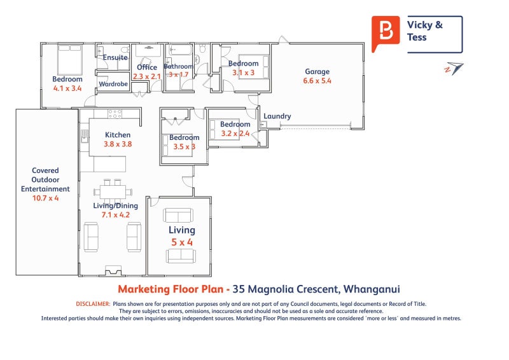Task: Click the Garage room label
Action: click(x=317, y=72)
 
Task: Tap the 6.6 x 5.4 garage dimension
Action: click(x=317, y=81)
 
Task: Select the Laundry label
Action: click(x=277, y=116)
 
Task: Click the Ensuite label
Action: click(x=115, y=57)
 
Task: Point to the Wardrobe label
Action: click(x=113, y=84)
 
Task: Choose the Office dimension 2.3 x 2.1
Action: click(x=147, y=76)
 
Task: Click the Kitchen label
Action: click(x=118, y=135)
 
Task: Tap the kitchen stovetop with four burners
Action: click(x=115, y=114)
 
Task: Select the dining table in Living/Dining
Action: click(x=113, y=192)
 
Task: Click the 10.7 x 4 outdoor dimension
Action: click(x=45, y=198)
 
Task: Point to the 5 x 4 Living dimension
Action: click(x=182, y=242)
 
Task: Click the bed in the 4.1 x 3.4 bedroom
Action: click(x=69, y=60)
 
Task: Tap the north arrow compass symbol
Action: click(x=454, y=69)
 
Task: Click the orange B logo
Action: click(x=386, y=33)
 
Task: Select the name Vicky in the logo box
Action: click(x=419, y=25)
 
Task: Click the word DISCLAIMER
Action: click(x=93, y=304)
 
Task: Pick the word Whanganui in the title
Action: click(x=372, y=289)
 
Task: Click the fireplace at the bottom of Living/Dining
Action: click(x=113, y=271)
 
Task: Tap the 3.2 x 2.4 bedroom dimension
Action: click(x=235, y=134)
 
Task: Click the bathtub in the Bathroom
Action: click(x=180, y=50)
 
